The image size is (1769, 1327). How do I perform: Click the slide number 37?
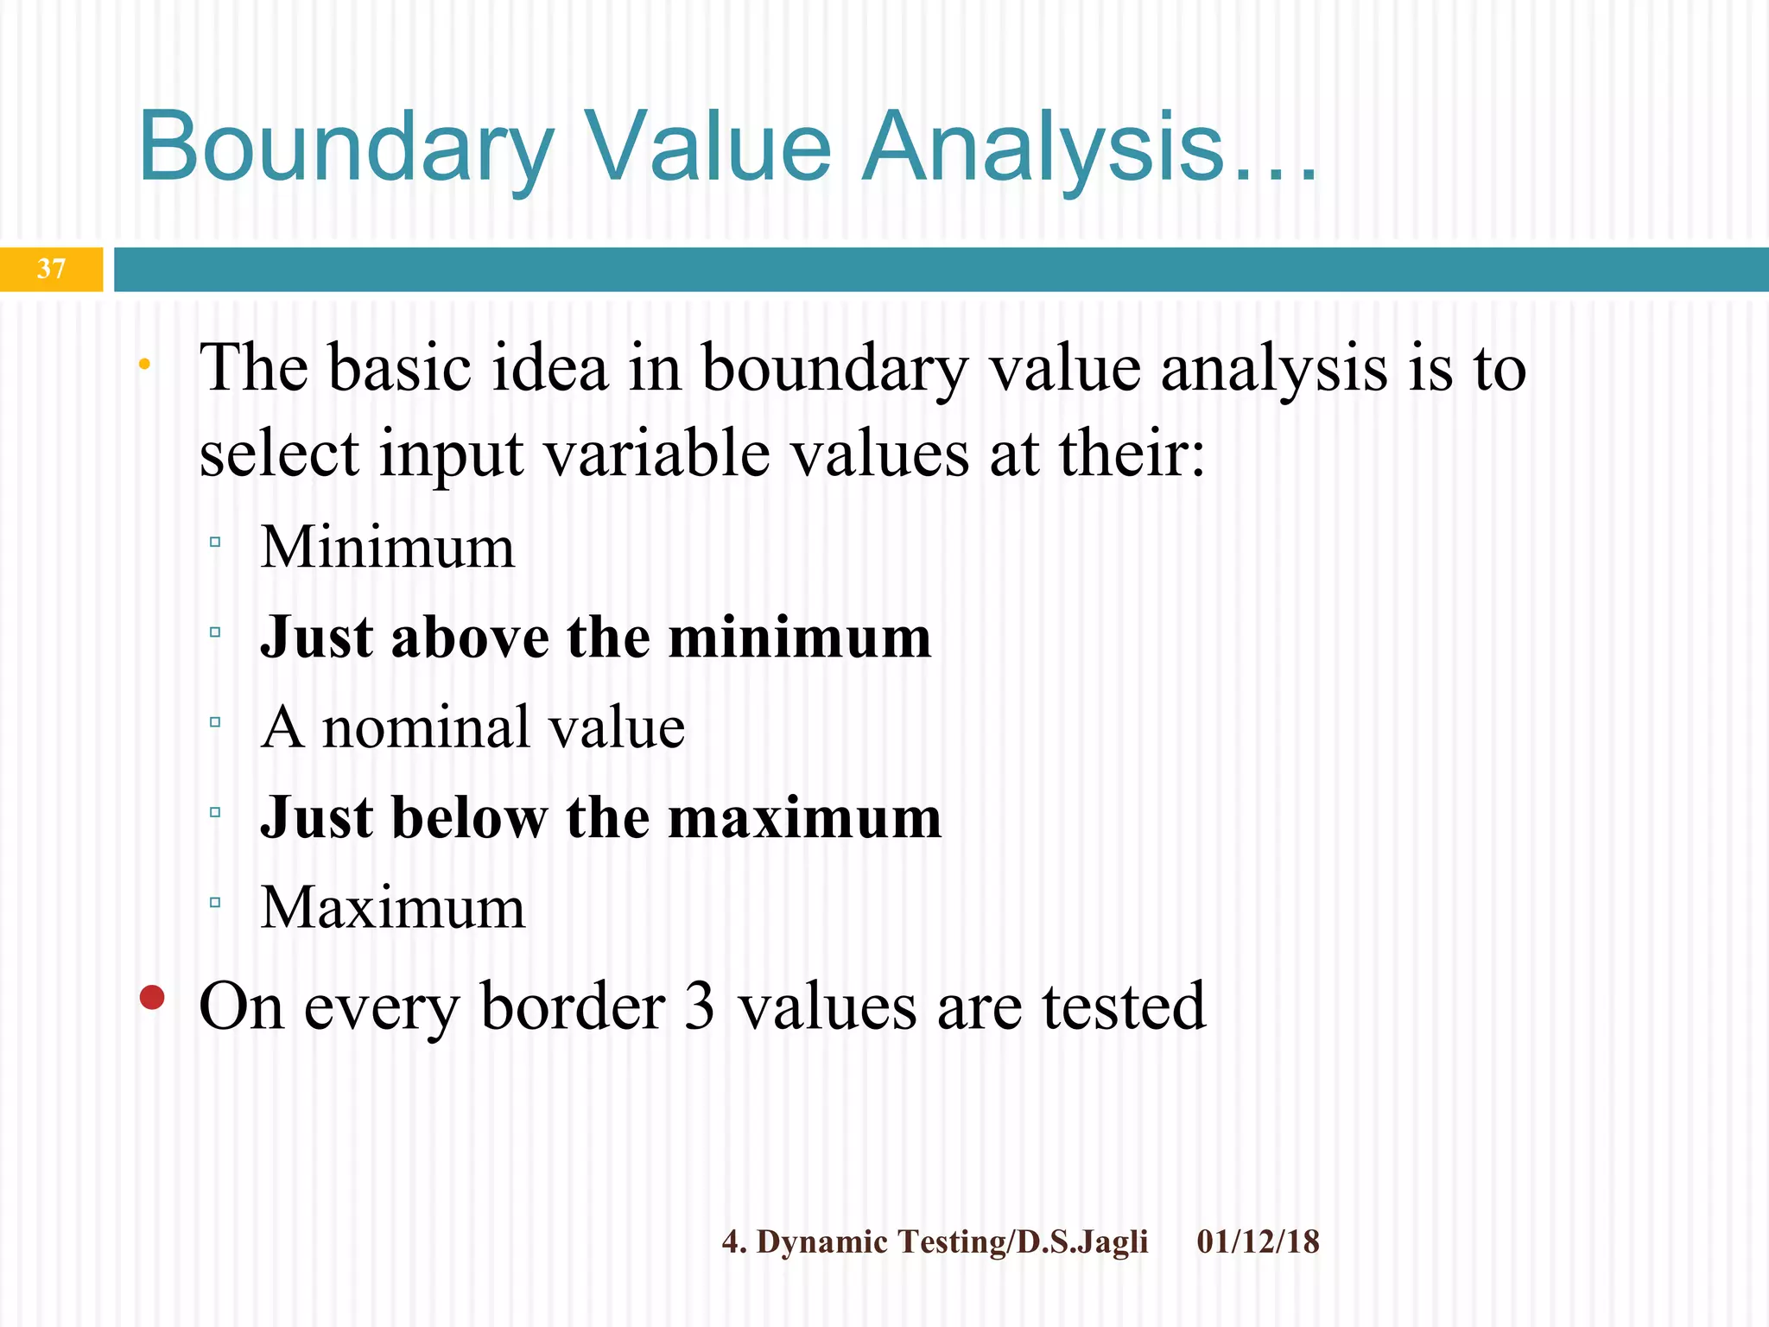[x=51, y=269]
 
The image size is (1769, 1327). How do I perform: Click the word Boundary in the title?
[x=346, y=147]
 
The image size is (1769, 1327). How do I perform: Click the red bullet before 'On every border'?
[x=152, y=998]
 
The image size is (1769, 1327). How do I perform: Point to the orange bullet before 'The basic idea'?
[x=144, y=365]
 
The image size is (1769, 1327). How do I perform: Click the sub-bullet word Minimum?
[x=388, y=548]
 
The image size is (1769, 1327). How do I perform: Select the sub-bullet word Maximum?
[x=393, y=908]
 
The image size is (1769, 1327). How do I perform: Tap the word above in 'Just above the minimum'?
[x=470, y=638]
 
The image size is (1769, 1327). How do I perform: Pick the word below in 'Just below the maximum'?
[x=469, y=817]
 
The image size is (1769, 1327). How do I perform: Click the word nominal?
[x=425, y=727]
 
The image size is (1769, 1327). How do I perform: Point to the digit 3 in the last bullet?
[x=699, y=1006]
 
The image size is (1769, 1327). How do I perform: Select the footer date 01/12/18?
[x=1258, y=1242]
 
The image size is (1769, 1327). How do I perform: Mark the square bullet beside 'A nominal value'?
[x=215, y=721]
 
